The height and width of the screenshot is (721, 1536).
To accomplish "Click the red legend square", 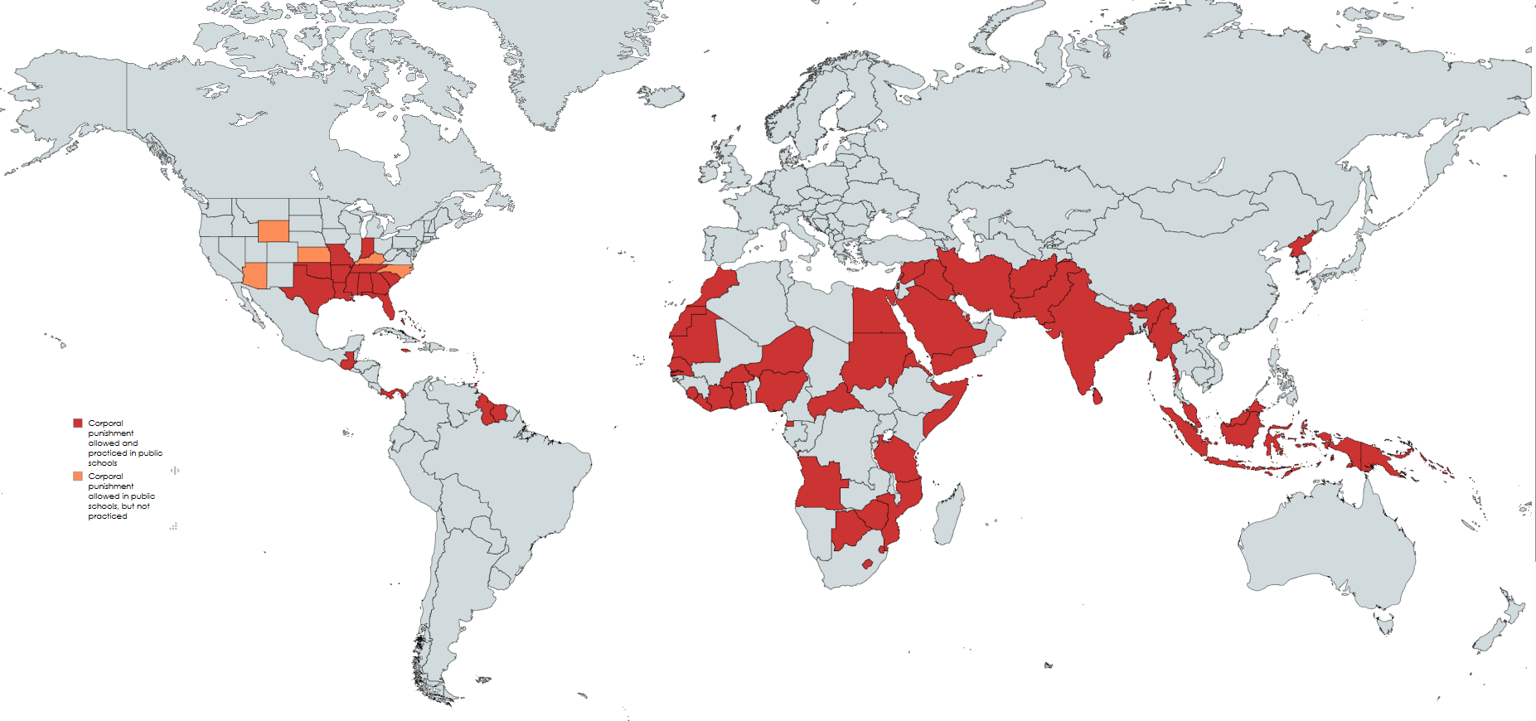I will (78, 423).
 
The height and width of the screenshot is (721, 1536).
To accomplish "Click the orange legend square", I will (78, 477).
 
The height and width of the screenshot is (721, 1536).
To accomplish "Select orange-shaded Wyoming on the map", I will (274, 230).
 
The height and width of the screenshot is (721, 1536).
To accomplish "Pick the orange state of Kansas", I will (313, 254).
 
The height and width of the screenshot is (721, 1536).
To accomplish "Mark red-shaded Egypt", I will (872, 312).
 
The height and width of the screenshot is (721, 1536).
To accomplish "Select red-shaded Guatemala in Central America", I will (348, 361).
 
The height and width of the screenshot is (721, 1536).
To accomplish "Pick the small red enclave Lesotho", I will (868, 564).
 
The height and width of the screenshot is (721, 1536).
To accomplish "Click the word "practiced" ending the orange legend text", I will (108, 516).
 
